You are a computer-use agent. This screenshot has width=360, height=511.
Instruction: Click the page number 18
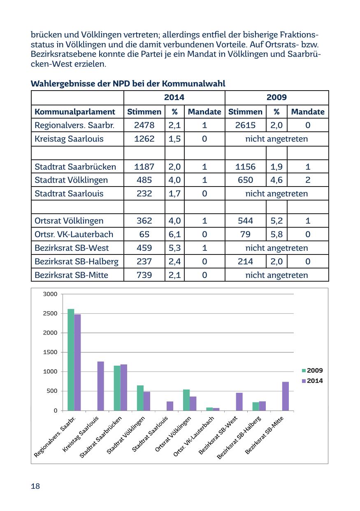click(x=35, y=486)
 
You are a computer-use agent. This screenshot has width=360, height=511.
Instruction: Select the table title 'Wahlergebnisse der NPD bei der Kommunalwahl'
click(x=128, y=84)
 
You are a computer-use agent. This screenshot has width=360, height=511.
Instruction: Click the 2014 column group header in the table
click(x=174, y=98)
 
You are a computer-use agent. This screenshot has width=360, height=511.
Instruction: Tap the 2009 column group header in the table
click(x=276, y=98)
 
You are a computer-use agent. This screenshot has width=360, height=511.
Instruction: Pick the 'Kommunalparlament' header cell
click(x=75, y=112)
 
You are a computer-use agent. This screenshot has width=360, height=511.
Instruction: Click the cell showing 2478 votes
click(x=144, y=125)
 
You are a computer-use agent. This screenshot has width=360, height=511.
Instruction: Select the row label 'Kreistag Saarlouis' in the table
click(x=69, y=139)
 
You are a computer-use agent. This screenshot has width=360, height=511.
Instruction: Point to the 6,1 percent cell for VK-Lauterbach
click(x=174, y=234)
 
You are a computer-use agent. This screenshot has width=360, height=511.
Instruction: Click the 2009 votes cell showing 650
click(x=245, y=180)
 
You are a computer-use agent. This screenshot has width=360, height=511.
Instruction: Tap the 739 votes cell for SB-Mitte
click(x=144, y=275)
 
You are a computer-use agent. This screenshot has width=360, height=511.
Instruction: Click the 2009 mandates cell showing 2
click(x=308, y=180)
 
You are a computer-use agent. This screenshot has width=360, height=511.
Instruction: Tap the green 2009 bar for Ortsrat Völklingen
click(x=186, y=400)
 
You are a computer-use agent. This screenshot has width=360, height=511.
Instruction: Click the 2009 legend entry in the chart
click(x=312, y=371)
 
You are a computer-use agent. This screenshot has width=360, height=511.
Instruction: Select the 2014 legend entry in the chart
click(x=312, y=381)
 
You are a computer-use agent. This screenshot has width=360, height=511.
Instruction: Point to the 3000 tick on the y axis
click(x=50, y=294)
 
